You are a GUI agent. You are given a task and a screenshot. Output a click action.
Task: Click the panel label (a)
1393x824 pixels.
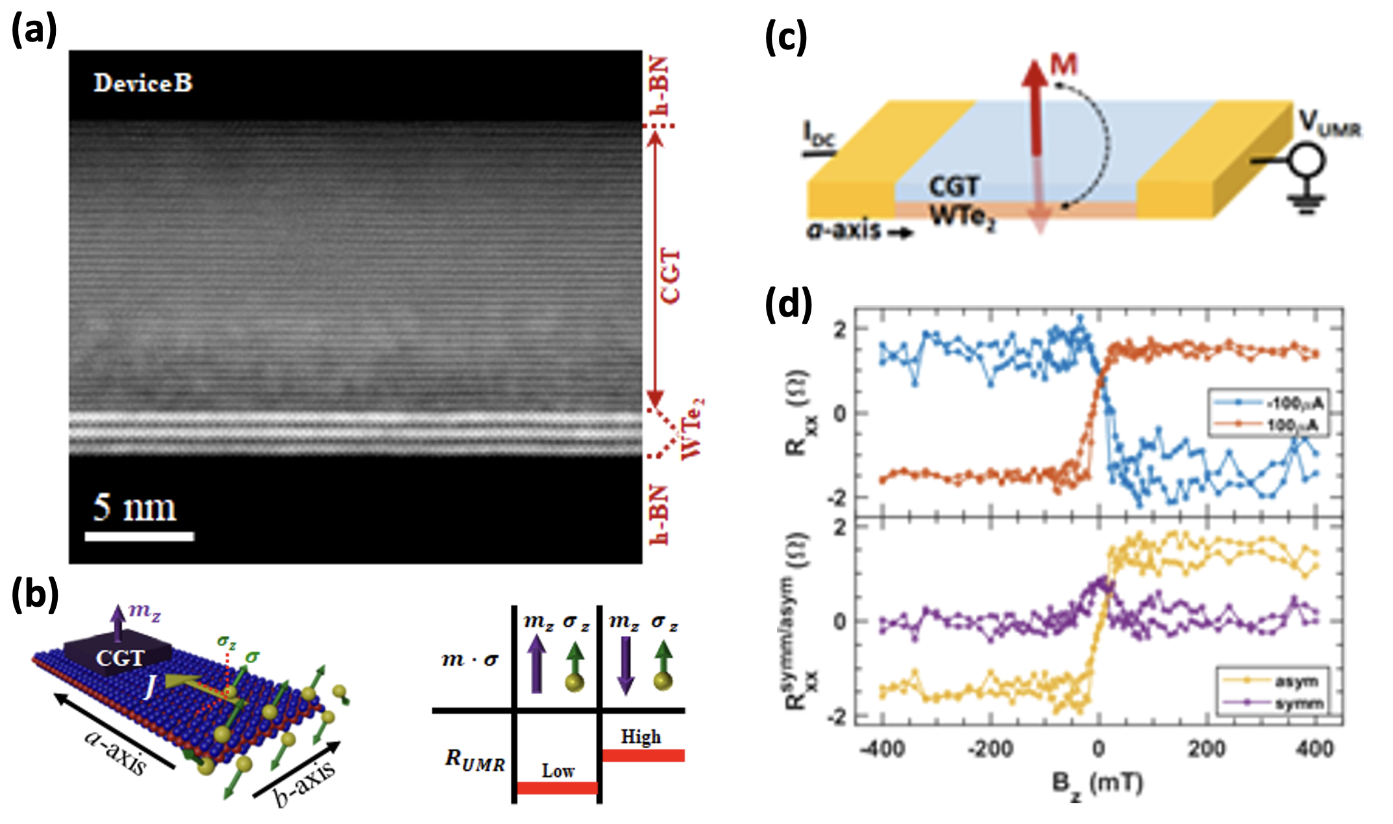(x=34, y=30)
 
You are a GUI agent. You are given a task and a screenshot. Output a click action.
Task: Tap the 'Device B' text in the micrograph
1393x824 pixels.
(x=143, y=83)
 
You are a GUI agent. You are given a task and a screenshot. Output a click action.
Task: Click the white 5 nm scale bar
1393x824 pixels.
(x=139, y=536)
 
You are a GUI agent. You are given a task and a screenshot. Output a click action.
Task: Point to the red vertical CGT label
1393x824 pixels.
(x=671, y=276)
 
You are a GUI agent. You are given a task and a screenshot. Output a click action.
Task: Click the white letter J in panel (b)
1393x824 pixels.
(x=150, y=686)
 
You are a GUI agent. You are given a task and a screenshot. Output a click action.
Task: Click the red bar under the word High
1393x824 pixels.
(x=643, y=755)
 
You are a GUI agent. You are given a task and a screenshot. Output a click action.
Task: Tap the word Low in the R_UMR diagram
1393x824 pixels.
(x=558, y=771)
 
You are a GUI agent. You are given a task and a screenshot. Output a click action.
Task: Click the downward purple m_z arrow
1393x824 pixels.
(x=624, y=665)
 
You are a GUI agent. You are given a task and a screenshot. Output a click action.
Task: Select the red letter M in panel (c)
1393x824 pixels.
(x=1064, y=65)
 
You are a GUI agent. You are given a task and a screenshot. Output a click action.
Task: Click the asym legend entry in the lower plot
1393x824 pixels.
(x=1296, y=681)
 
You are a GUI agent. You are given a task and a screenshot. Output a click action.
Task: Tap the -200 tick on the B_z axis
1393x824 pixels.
(x=991, y=749)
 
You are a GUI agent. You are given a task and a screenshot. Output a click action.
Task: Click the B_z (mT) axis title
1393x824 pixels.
(x=1097, y=784)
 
